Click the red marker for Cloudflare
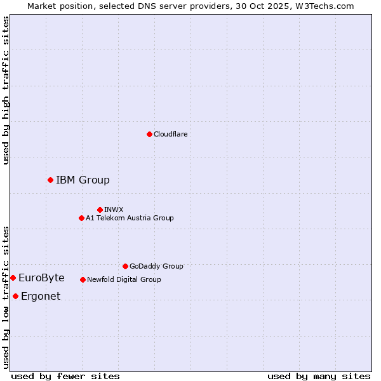tap(149, 134)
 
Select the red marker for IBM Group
tap(50, 180)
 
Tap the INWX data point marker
tap(100, 210)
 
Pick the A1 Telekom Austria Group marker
tap(81, 218)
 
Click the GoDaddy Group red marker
tap(125, 266)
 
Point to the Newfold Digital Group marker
tap(83, 279)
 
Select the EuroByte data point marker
tap(13, 277)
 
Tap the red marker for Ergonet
tap(15, 296)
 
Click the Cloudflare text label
tap(171, 134)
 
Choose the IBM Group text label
tap(83, 180)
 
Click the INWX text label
tap(114, 210)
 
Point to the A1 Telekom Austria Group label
tap(130, 218)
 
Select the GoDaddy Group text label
tap(156, 266)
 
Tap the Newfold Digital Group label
tap(124, 279)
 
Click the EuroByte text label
tap(41, 277)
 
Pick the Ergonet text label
tap(41, 296)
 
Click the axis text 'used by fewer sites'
tap(65, 376)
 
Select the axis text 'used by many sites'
tap(319, 376)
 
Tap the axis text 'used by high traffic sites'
tap(6, 90)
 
